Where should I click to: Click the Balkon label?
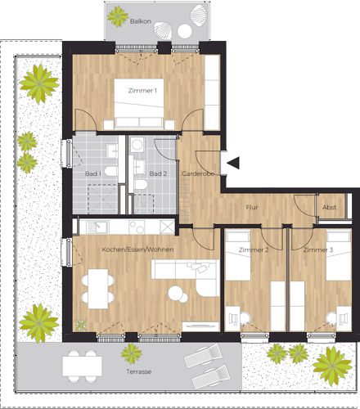click(141, 21)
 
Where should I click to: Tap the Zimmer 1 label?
click(142, 91)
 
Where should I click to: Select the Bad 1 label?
click(93, 173)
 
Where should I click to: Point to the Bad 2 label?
click(158, 173)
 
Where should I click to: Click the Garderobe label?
click(197, 173)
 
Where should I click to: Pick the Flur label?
click(252, 208)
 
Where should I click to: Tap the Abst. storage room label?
click(330, 208)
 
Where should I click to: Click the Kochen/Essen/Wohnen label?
click(137, 249)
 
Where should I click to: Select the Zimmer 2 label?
click(254, 249)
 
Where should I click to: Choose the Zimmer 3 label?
click(318, 249)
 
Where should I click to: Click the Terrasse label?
click(138, 371)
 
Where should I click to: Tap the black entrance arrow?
click(233, 163)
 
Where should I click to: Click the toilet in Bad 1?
click(110, 171)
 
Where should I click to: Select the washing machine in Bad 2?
click(137, 145)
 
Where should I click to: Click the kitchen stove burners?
click(137, 227)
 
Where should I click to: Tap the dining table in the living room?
click(98, 289)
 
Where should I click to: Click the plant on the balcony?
click(118, 16)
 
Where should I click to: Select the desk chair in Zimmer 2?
click(245, 318)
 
